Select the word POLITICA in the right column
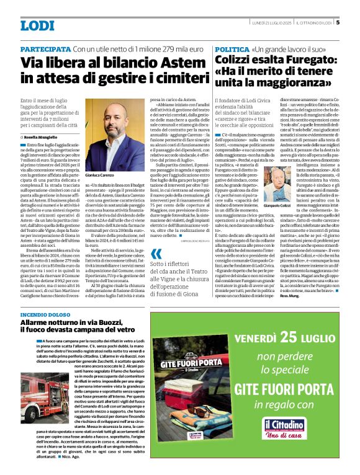(x=232, y=48)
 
